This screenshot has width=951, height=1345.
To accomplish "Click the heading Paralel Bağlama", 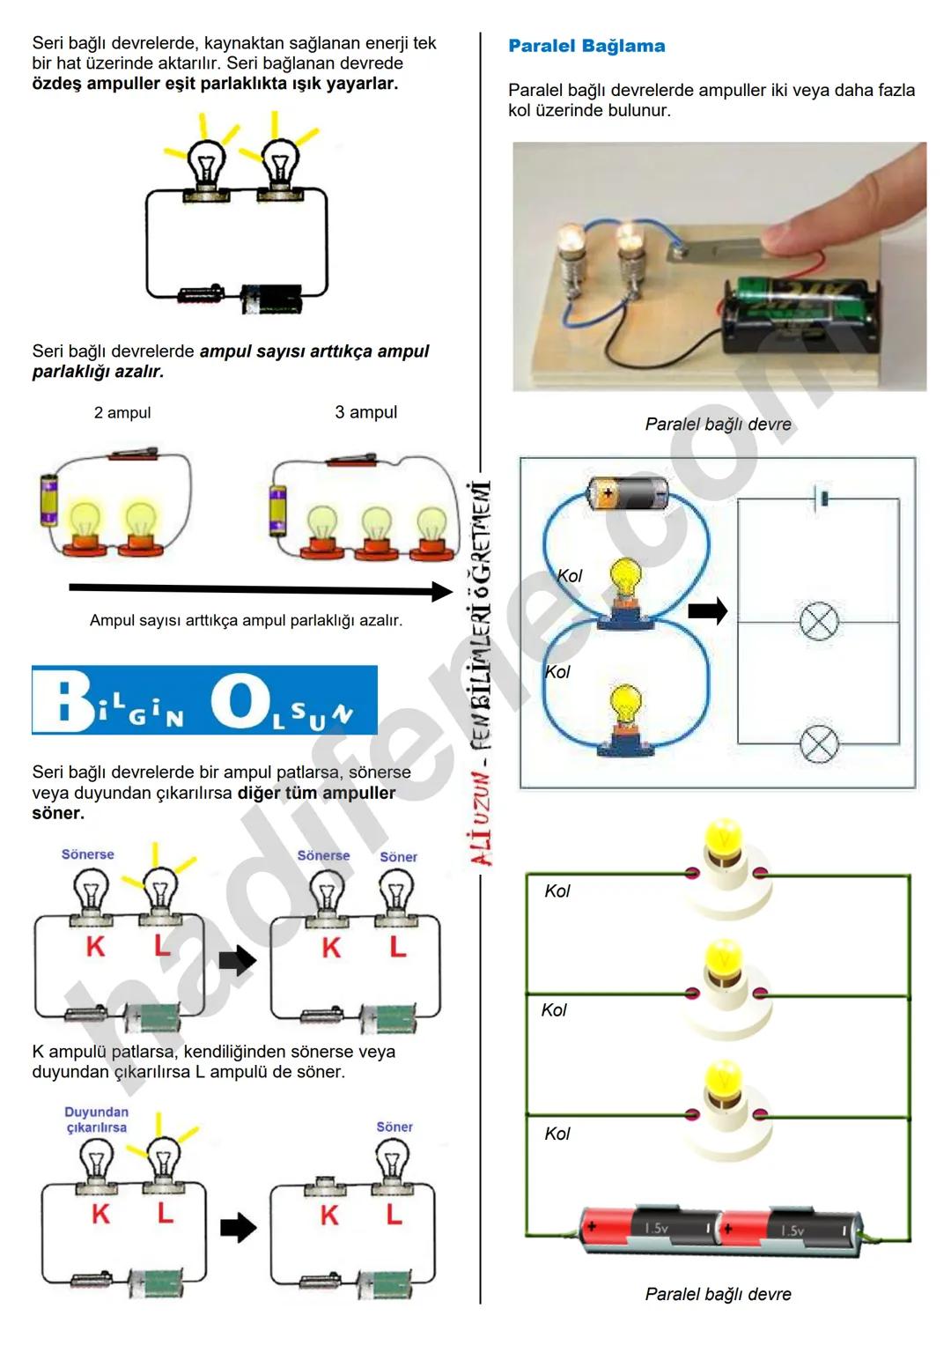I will (586, 46).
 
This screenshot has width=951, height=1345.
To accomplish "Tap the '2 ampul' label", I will (122, 412).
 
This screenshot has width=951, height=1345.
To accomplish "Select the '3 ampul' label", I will (365, 412).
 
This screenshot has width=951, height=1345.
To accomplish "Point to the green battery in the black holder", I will (801, 304).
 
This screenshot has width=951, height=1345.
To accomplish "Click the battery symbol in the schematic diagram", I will (823, 499).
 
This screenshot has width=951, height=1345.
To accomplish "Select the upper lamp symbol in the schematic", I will (819, 622).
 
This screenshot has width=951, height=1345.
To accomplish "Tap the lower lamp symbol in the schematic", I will (819, 744).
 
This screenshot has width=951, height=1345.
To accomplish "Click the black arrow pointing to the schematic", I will (707, 610).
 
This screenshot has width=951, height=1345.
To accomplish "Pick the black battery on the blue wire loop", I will (627, 493).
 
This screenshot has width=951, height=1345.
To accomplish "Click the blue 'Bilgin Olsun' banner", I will (204, 700).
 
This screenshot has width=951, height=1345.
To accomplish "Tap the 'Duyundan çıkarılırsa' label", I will (96, 1120).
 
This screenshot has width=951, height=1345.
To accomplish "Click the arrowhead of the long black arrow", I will (442, 591).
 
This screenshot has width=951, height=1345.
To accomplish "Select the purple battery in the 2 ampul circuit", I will (49, 500).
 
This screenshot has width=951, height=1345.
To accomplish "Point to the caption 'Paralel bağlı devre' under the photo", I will (718, 425).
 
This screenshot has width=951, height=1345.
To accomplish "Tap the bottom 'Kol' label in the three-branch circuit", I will (557, 1134).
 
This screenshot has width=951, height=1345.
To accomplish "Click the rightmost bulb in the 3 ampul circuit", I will (431, 527).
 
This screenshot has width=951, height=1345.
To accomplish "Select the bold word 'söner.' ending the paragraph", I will (58, 813).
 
